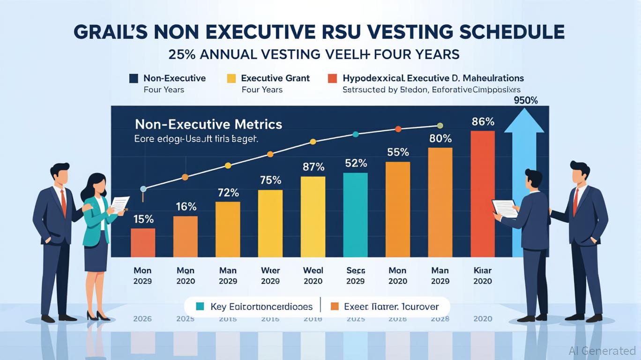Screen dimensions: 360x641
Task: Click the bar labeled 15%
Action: click(142, 242)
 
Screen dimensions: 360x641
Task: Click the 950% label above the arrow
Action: click(525, 100)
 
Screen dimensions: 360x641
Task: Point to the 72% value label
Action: click(228, 192)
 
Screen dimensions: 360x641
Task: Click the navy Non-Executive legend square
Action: click(134, 79)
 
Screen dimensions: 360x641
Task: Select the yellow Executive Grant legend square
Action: click(231, 79)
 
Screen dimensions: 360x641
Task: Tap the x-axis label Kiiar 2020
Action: click(483, 276)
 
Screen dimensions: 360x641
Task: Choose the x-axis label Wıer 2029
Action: click(270, 276)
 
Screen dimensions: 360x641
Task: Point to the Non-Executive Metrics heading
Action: click(209, 124)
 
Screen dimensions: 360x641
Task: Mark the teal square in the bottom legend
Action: click(200, 307)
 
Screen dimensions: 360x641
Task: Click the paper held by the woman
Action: click(120, 204)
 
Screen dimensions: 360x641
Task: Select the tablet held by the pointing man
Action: click(505, 208)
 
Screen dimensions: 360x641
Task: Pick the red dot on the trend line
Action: click(398, 129)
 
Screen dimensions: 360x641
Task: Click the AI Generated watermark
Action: click(602, 351)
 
